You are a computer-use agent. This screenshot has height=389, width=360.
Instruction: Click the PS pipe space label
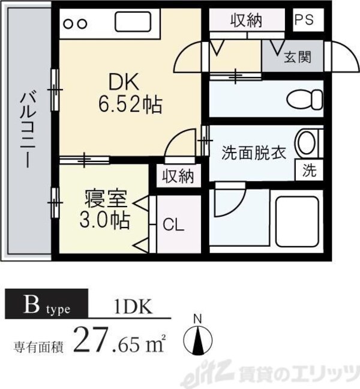[304, 20]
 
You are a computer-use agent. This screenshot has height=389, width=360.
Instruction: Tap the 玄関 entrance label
[297, 58]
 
